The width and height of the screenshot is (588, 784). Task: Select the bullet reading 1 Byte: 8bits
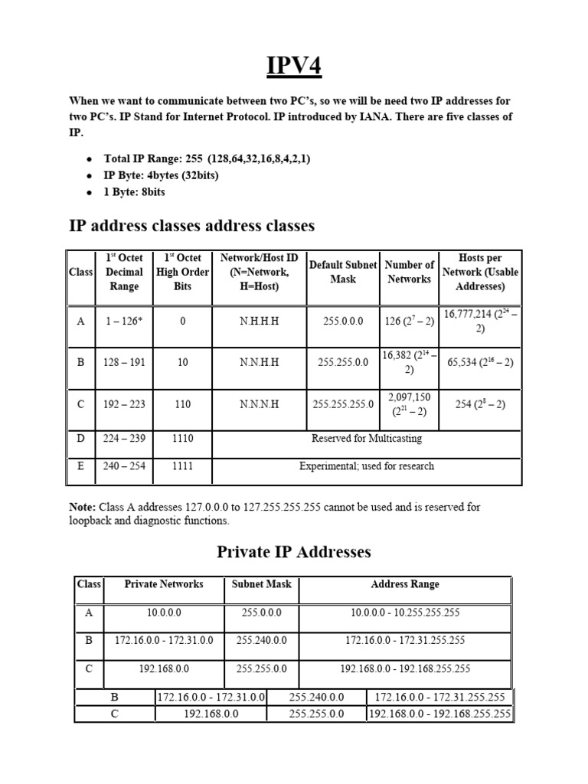[134, 191]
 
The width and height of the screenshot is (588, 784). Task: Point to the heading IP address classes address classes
[191, 226]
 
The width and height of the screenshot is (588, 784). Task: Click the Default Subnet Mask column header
[343, 272]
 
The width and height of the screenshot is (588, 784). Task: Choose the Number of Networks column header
[409, 272]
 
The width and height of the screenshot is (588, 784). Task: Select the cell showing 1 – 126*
[124, 321]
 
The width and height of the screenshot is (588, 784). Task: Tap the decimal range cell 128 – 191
[124, 362]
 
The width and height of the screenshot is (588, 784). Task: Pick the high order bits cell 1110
[182, 439]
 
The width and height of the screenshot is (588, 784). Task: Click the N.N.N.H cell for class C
[259, 403]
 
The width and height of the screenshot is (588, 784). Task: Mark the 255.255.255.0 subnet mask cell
[343, 403]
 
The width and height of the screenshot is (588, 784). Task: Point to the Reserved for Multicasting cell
[366, 439]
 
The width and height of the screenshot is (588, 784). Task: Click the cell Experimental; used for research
[366, 465]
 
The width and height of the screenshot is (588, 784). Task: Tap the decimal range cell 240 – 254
[124, 465]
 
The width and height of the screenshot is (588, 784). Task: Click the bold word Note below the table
[82, 507]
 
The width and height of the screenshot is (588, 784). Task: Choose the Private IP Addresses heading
[294, 551]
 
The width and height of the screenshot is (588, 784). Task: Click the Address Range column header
[405, 584]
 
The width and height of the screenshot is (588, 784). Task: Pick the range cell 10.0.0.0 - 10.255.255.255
[405, 612]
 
